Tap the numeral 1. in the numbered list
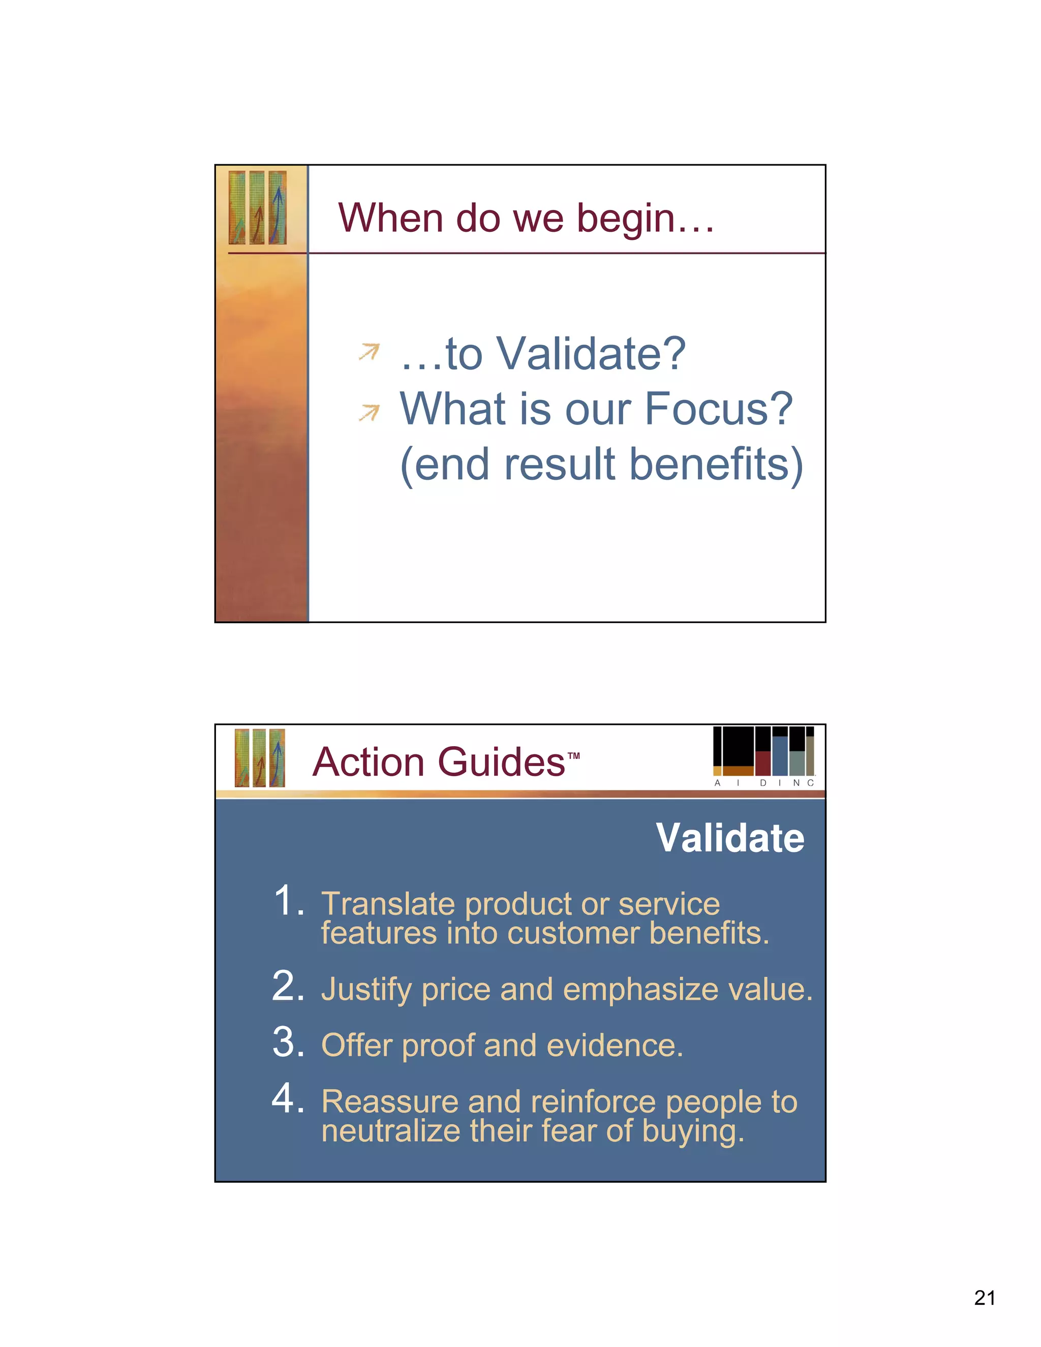click(289, 901)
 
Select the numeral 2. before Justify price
click(289, 986)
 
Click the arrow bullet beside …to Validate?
click(369, 352)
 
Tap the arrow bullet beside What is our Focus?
click(369, 412)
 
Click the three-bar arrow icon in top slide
click(257, 207)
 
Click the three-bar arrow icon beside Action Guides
click(260, 758)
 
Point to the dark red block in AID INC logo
click(763, 763)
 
